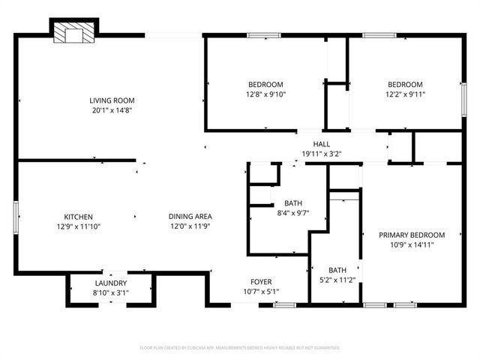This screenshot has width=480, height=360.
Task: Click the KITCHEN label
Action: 78,217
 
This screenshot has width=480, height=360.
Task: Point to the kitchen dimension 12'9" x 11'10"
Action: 78,226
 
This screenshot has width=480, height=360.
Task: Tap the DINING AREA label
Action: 188,217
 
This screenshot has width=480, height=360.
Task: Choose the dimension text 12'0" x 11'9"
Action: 188,226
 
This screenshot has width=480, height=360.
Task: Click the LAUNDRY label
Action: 110,283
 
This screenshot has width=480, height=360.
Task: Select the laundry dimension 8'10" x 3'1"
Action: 110,292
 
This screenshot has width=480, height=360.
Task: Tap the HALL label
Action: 321,144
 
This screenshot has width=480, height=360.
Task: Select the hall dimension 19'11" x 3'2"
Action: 321,154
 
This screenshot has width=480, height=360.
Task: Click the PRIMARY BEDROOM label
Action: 412,235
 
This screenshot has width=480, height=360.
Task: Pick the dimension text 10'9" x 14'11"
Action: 412,244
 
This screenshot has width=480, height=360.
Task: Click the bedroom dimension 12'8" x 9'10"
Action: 265,94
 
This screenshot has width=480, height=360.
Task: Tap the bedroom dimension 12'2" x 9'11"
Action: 405,94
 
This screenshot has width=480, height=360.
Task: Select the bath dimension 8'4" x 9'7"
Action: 292,213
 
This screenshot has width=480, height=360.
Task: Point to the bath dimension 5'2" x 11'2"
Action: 337,280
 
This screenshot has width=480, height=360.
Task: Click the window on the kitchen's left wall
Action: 17,217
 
